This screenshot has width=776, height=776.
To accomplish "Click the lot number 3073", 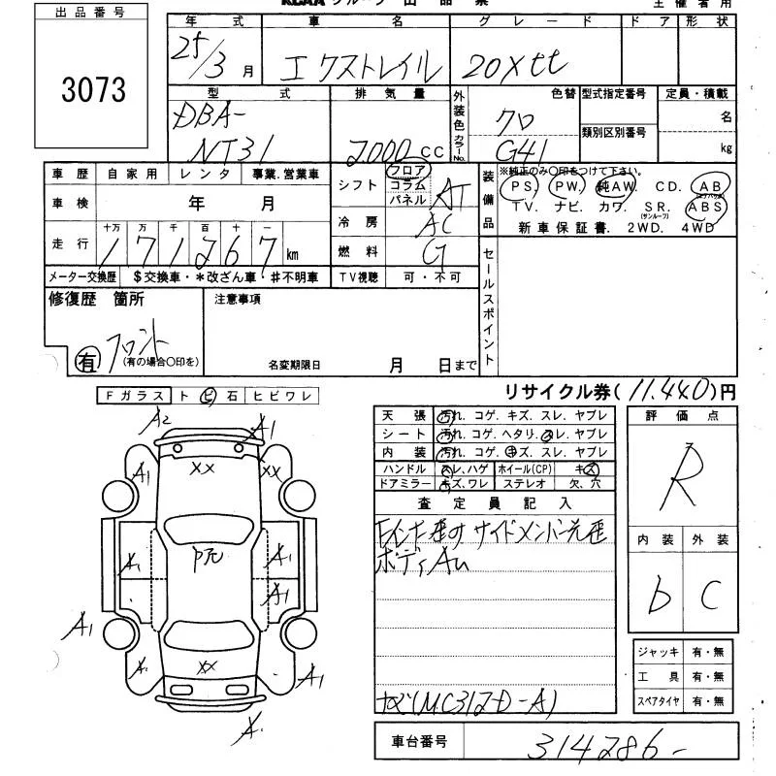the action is coord(93,90).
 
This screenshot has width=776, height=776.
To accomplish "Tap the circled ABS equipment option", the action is coord(704,208).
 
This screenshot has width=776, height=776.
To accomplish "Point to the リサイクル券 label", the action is coord(558,392).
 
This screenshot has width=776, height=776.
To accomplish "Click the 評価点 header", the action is coord(683,415).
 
